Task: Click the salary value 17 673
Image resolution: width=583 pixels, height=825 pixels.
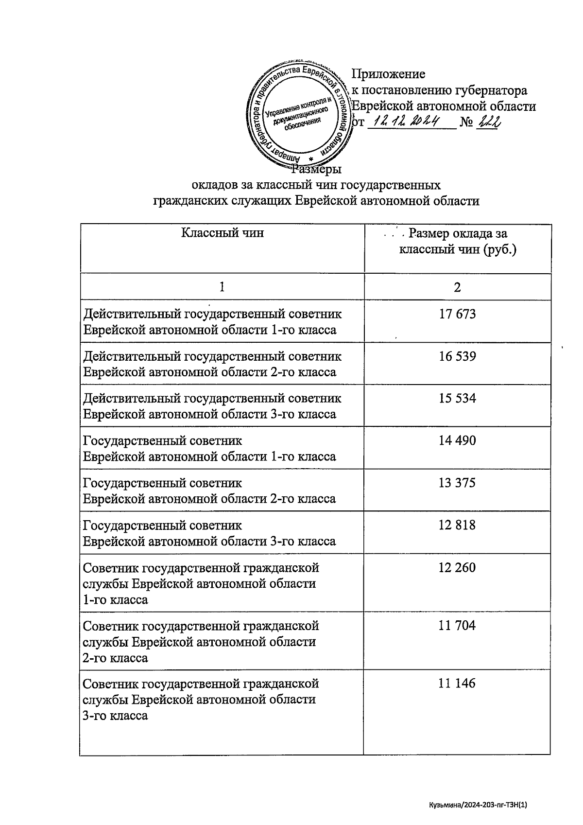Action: coord(457,314)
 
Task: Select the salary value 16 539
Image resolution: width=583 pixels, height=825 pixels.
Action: coord(457,356)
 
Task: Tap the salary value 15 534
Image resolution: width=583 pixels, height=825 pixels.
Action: coord(457,399)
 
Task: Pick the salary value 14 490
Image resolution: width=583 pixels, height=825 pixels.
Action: coord(457,441)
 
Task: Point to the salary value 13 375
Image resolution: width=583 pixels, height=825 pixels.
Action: coord(457,483)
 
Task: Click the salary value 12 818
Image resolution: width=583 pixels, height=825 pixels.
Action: coord(457,526)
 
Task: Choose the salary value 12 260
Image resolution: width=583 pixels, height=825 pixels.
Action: coord(457,568)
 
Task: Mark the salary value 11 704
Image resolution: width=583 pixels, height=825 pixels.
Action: coord(457,626)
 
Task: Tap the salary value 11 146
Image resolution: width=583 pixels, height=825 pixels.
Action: coord(457,684)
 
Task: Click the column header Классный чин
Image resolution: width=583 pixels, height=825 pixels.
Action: coord(223,233)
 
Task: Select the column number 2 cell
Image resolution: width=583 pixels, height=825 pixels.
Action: coord(457,287)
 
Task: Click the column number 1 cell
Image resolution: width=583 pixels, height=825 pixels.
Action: coord(222,287)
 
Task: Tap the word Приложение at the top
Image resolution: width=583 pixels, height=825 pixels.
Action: coord(388,74)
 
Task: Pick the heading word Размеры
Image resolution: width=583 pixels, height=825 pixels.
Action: coord(317,170)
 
